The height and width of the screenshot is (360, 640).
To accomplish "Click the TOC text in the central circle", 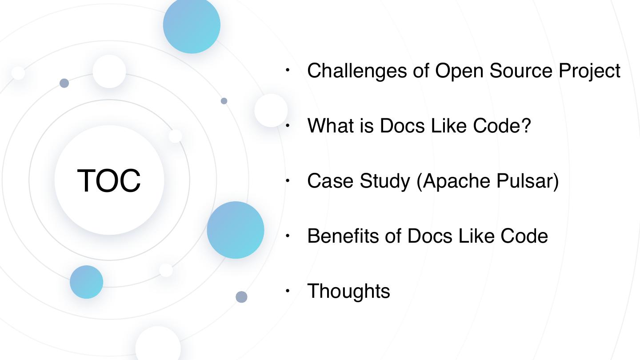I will pos(109,180).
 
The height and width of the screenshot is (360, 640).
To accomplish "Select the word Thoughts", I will pos(348,291).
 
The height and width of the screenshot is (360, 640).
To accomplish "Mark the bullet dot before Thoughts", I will pos(288,291).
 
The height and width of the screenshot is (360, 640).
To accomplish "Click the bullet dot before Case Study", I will pos(288,181).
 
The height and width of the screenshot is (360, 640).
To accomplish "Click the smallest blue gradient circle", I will pos(86,282).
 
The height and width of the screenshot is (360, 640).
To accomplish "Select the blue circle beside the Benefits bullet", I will pos(235,230).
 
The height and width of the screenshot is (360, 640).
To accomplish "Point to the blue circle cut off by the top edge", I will pos(192,25).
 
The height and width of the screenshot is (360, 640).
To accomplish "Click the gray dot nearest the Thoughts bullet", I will pos(241,297).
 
